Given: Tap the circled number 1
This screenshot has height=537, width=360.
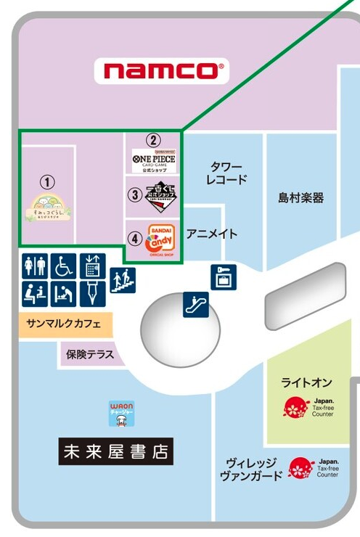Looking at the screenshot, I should tap(46, 182).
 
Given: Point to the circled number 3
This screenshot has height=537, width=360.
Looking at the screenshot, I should tap(135, 194).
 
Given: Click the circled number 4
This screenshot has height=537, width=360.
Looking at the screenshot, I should tap(135, 237).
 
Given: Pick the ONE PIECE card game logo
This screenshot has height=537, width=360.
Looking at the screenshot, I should tap(153, 160).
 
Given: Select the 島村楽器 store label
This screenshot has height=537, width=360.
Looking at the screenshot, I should tap(300, 197).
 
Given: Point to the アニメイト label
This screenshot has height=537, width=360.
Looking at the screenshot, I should tap(211, 234).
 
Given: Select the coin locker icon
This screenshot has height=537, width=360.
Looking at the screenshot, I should tap(222, 276).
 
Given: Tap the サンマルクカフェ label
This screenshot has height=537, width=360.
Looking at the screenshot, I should tap(64, 323).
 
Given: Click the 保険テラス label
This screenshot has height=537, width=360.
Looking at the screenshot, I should tap(91, 355).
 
